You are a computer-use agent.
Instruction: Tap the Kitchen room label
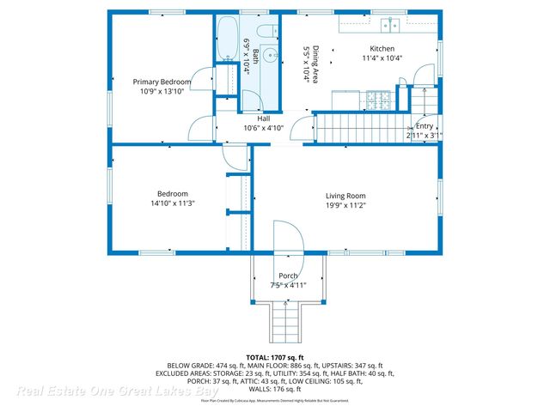pyautogui.click(x=382, y=48)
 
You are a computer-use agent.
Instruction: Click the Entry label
pyautogui.click(x=425, y=125)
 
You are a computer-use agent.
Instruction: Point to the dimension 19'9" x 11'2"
pyautogui.click(x=345, y=205)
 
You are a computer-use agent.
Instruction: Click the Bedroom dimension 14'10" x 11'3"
pyautogui.click(x=172, y=203)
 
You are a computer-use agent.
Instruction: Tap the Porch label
pyautogui.click(x=288, y=276)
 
